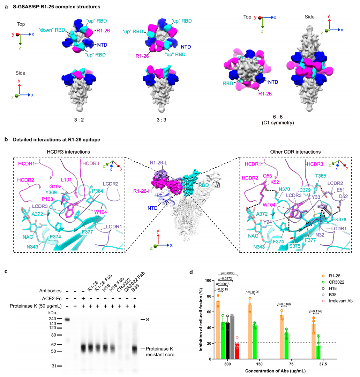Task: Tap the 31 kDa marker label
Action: pos(53,366)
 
